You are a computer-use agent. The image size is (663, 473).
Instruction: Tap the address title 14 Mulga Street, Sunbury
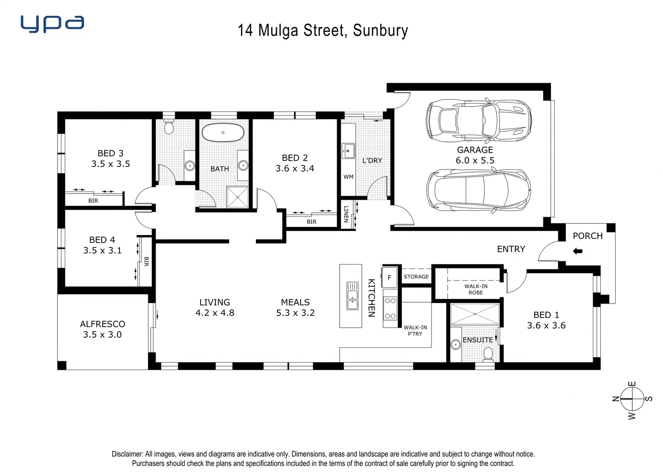point(323,30)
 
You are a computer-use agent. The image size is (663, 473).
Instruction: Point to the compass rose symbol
point(632,399)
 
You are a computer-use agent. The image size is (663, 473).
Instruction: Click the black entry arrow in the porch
point(578,251)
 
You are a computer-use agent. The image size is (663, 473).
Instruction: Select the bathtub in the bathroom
point(223,132)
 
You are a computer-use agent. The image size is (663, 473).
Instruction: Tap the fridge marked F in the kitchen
point(389,277)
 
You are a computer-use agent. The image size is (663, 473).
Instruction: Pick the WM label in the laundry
point(348,177)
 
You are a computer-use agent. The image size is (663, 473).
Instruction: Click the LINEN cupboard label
point(346,214)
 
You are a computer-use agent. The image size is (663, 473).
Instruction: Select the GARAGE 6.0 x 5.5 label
point(475,155)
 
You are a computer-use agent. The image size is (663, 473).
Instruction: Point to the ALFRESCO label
point(103,324)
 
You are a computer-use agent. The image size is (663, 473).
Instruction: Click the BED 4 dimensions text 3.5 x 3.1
point(103,251)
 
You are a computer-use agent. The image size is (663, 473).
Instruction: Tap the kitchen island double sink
point(352,296)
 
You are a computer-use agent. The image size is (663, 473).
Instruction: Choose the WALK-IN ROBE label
point(476,289)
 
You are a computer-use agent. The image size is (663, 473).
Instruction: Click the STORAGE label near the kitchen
point(416,277)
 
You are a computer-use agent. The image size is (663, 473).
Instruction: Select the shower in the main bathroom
point(238,197)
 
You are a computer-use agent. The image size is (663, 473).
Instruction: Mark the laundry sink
point(348,151)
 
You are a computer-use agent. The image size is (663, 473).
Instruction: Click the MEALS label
point(295,302)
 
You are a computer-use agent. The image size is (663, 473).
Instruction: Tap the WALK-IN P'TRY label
point(415,330)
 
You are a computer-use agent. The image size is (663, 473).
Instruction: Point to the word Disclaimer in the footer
point(128,454)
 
